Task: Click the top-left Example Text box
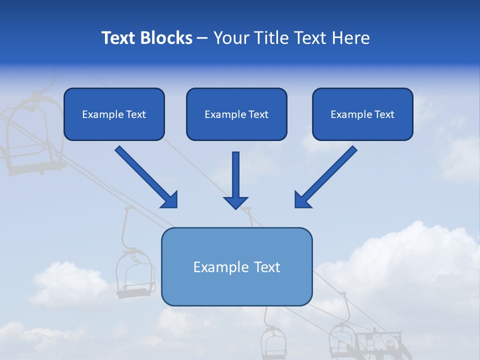click(x=114, y=114)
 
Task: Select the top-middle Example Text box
click(x=236, y=114)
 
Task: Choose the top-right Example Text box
click(x=362, y=114)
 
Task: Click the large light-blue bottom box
click(x=236, y=266)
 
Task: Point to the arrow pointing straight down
click(x=236, y=180)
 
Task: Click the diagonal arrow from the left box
click(x=146, y=177)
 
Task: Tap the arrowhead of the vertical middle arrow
click(x=236, y=202)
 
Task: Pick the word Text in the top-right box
click(x=384, y=114)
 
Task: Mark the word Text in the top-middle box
click(x=258, y=114)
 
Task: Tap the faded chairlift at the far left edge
click(x=30, y=135)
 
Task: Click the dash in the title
click(x=202, y=38)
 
